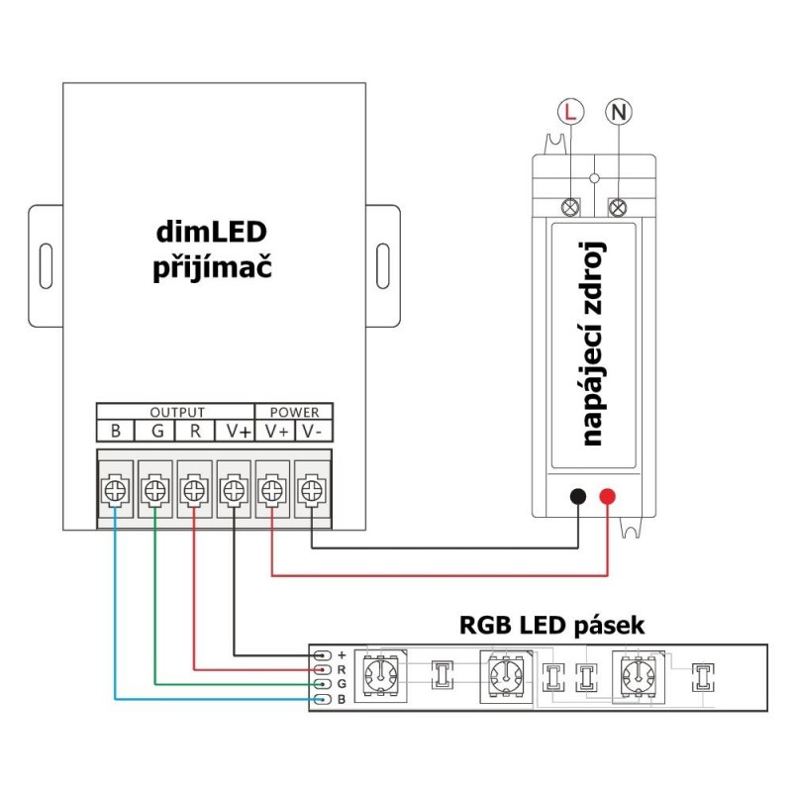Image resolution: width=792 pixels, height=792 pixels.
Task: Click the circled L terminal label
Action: pyautogui.click(x=568, y=113)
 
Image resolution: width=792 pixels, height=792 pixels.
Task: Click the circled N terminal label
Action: pyautogui.click(x=620, y=113)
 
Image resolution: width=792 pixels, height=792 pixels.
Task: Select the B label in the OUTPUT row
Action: pyautogui.click(x=116, y=431)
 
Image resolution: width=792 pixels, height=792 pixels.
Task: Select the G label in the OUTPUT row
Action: pyautogui.click(x=155, y=431)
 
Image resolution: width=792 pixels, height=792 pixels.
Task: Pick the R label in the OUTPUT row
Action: pyautogui.click(x=194, y=431)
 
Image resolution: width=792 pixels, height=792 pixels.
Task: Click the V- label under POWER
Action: pyautogui.click(x=312, y=431)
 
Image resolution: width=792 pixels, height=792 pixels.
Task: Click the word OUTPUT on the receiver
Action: pyautogui.click(x=176, y=412)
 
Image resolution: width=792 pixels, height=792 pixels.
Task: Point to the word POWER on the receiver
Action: pyautogui.click(x=294, y=412)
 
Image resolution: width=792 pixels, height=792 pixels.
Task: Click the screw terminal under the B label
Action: pyautogui.click(x=116, y=488)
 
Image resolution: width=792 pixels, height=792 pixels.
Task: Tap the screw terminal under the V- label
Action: pyautogui.click(x=312, y=488)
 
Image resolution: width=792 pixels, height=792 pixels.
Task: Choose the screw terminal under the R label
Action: pyautogui.click(x=194, y=488)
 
